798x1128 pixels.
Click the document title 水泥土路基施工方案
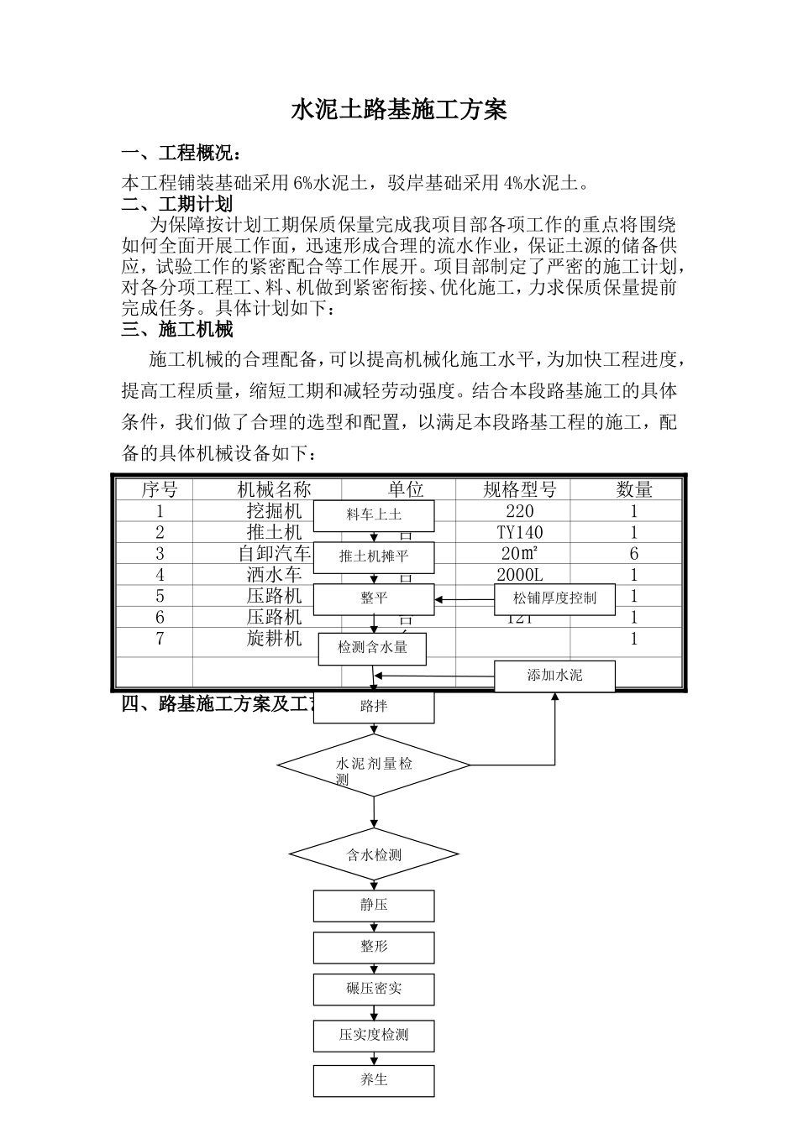pyautogui.click(x=399, y=110)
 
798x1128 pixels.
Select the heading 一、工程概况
pyautogui.click(x=184, y=154)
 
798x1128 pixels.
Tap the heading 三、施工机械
pyautogui.click(x=177, y=329)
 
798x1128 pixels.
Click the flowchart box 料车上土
pyautogui.click(x=374, y=515)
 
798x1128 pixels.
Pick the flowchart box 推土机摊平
pyautogui.click(x=374, y=556)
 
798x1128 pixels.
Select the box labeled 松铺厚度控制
pyautogui.click(x=554, y=598)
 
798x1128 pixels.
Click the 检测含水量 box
pyautogui.click(x=372, y=648)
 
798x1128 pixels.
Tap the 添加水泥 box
pyautogui.click(x=554, y=676)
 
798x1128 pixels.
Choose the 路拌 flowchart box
pyautogui.click(x=374, y=707)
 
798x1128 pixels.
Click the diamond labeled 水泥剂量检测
pyautogui.click(x=374, y=765)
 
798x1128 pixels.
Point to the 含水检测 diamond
pyautogui.click(x=374, y=855)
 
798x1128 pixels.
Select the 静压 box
pyautogui.click(x=374, y=906)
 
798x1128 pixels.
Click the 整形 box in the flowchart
pyautogui.click(x=374, y=947)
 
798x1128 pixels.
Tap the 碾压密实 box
pyautogui.click(x=374, y=989)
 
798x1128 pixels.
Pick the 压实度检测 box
pyautogui.click(x=374, y=1035)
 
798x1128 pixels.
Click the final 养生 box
pyautogui.click(x=374, y=1080)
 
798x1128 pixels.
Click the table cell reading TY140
pyautogui.click(x=520, y=532)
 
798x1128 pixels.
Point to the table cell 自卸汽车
pyautogui.click(x=274, y=554)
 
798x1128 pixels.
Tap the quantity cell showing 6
pyautogui.click(x=634, y=554)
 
